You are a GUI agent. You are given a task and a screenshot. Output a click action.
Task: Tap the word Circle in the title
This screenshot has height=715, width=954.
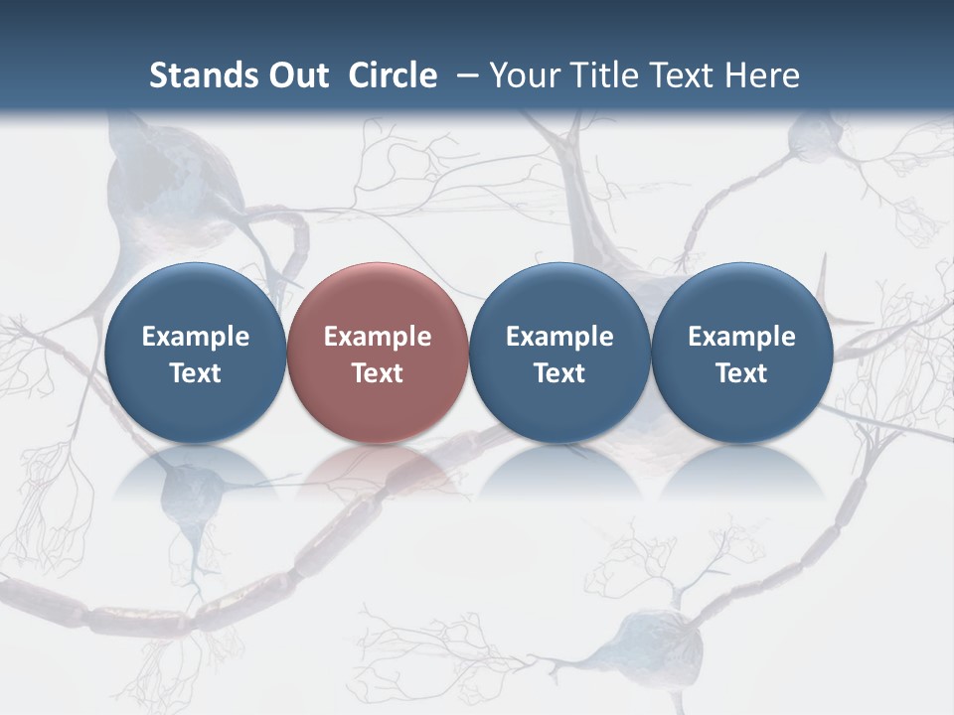(393, 75)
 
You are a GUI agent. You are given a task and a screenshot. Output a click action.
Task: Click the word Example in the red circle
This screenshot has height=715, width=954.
(378, 337)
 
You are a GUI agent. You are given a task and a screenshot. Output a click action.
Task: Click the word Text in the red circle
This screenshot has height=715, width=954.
(378, 373)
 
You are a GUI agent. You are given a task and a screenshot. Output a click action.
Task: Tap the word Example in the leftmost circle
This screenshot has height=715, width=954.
(196, 337)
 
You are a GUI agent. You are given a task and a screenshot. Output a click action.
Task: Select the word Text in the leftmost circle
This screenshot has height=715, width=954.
(196, 373)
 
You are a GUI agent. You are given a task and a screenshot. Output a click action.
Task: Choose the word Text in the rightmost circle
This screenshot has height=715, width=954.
(742, 373)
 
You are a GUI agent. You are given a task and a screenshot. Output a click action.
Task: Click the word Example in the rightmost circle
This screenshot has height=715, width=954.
(742, 337)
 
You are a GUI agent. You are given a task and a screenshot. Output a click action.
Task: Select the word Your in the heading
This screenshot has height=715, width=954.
(520, 75)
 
